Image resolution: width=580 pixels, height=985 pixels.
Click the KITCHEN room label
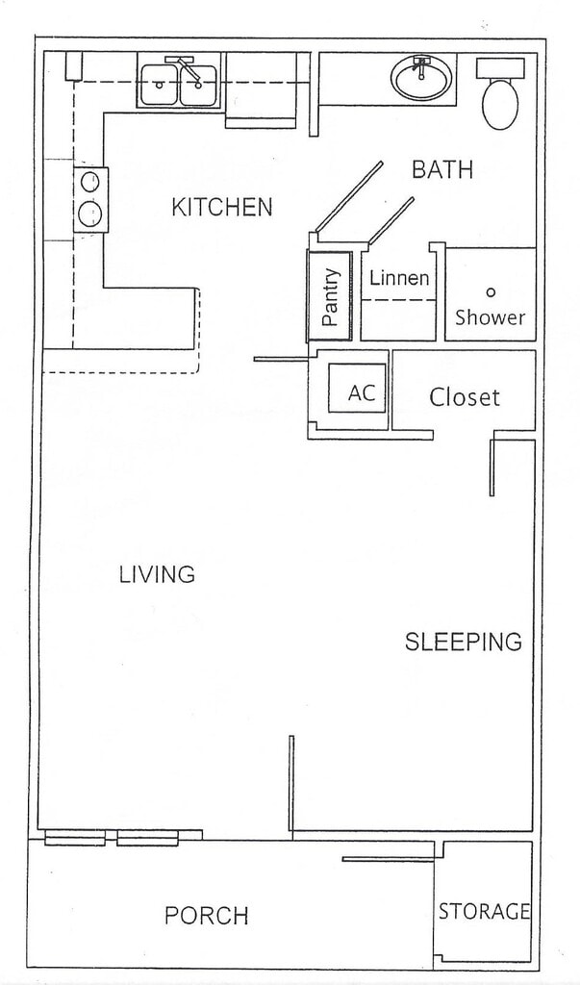click(x=221, y=207)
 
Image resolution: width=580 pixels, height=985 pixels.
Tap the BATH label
click(x=441, y=170)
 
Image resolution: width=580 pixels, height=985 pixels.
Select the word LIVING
click(x=157, y=575)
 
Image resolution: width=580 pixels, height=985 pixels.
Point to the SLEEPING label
click(x=463, y=642)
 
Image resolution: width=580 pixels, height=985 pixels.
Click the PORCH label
click(x=207, y=915)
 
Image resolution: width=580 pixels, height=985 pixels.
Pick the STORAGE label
click(x=484, y=911)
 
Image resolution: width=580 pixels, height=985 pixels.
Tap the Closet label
click(x=465, y=396)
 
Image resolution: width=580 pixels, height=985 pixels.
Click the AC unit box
click(x=360, y=392)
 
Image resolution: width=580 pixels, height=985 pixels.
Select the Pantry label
click(x=332, y=296)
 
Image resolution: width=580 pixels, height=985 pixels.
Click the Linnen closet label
click(x=399, y=279)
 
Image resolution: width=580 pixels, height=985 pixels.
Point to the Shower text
click(x=490, y=317)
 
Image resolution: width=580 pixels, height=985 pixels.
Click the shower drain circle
click(x=490, y=291)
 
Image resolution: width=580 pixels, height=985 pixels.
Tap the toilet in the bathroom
click(x=499, y=96)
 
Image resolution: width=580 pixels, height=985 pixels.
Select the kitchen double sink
click(x=179, y=85)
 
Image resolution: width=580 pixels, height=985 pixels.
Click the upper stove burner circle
click(x=90, y=181)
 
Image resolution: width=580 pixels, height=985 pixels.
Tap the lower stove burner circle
click(x=90, y=212)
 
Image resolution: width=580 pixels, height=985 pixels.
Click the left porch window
click(x=75, y=839)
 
